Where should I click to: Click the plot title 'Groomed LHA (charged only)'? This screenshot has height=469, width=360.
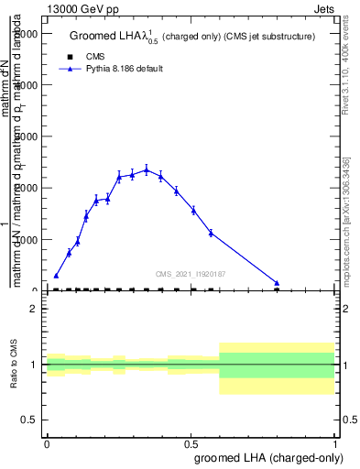[x=191, y=37]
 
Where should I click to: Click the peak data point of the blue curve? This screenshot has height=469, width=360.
[x=147, y=169]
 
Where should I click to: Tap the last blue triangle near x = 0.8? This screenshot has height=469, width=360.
[x=277, y=283]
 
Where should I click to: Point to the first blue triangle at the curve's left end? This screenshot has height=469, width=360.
[x=56, y=276]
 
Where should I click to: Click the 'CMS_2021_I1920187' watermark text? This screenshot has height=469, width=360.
[x=191, y=274]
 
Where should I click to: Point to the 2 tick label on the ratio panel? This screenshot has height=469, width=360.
[x=34, y=309]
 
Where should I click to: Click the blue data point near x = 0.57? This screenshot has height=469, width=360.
[x=211, y=233]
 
